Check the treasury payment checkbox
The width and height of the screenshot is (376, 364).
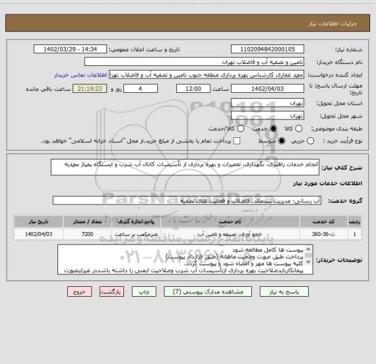(x=236, y=141)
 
